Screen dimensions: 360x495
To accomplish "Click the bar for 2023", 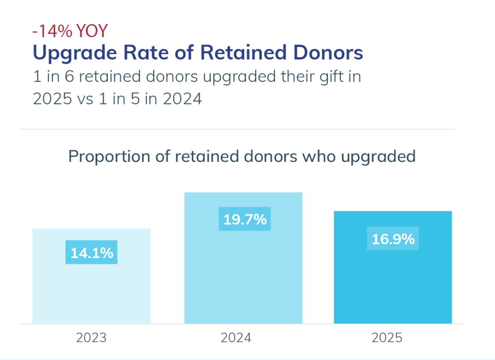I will point(91,290).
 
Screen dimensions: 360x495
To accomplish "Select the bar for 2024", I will point(243,280).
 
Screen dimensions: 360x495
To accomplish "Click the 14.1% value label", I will point(91,253).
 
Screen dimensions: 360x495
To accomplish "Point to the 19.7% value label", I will point(245,219).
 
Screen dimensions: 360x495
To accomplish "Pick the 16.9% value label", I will point(393,239).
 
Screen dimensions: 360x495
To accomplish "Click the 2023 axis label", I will point(91,337).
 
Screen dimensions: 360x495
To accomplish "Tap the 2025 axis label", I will point(387,337).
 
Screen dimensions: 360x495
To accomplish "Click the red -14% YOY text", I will point(70,31).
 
